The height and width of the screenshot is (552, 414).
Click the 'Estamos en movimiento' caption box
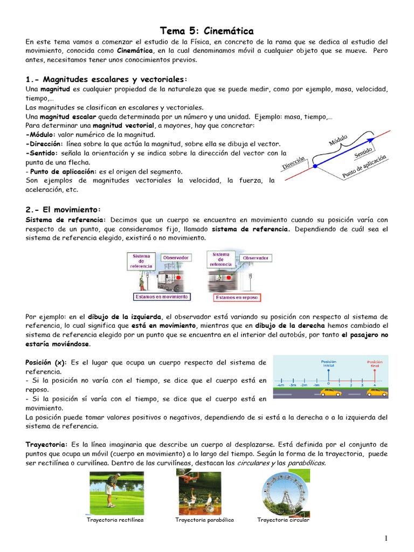coord(161,297)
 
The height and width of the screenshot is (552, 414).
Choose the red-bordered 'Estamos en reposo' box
coord(237,298)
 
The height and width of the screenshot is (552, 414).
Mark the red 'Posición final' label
coord(375,363)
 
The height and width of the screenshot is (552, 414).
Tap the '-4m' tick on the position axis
coord(280,385)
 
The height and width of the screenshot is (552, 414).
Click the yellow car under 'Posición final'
coord(377,392)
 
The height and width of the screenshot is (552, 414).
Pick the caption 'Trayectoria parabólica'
coord(204,520)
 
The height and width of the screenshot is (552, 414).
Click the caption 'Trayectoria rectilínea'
coord(115,520)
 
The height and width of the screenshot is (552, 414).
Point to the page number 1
coord(387,539)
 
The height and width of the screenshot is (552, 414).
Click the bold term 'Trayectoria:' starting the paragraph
coord(46,444)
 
